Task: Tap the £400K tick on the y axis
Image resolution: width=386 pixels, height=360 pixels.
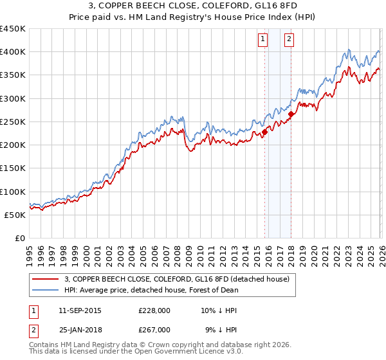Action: click(13, 52)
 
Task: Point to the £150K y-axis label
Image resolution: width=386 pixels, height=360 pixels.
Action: click(13, 168)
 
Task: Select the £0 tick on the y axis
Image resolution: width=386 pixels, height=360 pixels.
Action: click(19, 238)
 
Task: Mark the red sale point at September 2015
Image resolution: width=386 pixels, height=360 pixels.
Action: click(264, 133)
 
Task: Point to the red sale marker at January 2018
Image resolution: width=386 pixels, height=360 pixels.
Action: click(291, 114)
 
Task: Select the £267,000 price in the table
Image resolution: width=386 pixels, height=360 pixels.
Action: click(154, 329)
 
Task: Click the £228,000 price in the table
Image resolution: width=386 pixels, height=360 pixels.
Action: click(154, 310)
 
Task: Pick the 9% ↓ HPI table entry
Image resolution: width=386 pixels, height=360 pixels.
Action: click(220, 329)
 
